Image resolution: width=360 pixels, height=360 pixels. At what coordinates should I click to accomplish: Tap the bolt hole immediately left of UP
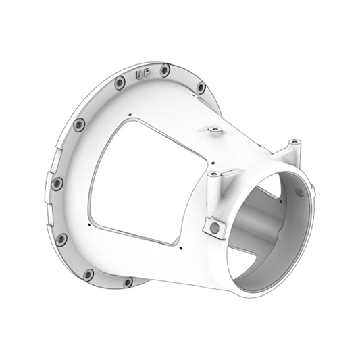coord(119,82)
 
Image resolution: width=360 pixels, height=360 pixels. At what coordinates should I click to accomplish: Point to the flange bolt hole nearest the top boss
coord(201,88)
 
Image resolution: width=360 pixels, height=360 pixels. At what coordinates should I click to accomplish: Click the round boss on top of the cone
coord(214,128)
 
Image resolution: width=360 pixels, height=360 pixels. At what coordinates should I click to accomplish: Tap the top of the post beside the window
coord(214,174)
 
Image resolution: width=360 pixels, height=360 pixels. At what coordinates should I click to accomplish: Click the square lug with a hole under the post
coord(215,228)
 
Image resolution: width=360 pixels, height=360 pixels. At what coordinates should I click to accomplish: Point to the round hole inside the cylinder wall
coord(278,196)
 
